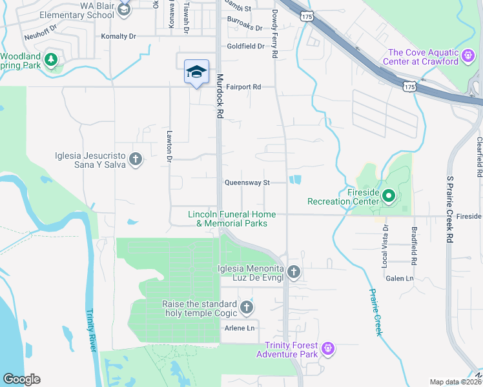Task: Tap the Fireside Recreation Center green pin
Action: (x=389, y=195)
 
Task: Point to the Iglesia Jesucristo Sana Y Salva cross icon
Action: (x=136, y=159)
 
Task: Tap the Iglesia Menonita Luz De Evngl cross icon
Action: (x=294, y=273)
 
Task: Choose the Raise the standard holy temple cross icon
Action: (x=245, y=308)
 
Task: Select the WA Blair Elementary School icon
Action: (x=124, y=8)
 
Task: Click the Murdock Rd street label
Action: (x=220, y=95)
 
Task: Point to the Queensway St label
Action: (x=247, y=183)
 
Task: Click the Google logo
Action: (x=22, y=379)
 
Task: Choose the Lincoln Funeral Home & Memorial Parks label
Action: (x=232, y=219)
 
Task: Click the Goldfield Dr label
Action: (x=246, y=46)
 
